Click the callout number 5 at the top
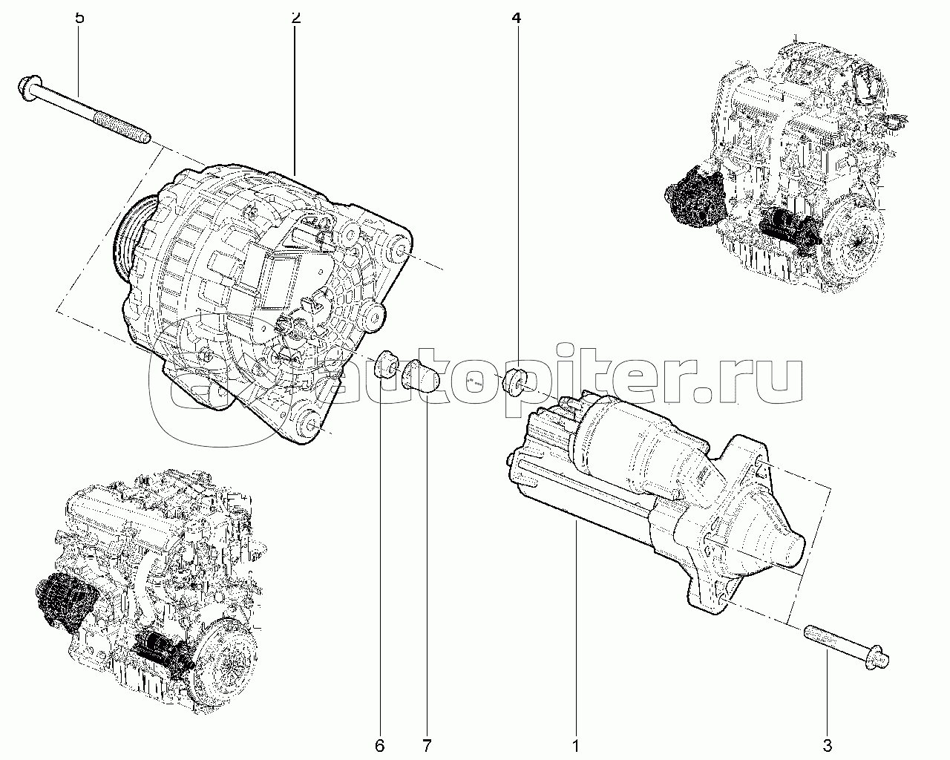79,18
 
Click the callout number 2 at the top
296,18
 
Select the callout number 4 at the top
516,18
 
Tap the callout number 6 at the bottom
380,746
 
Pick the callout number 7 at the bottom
427,746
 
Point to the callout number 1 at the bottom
576,746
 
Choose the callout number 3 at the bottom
828,746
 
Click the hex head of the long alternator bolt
29,89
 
